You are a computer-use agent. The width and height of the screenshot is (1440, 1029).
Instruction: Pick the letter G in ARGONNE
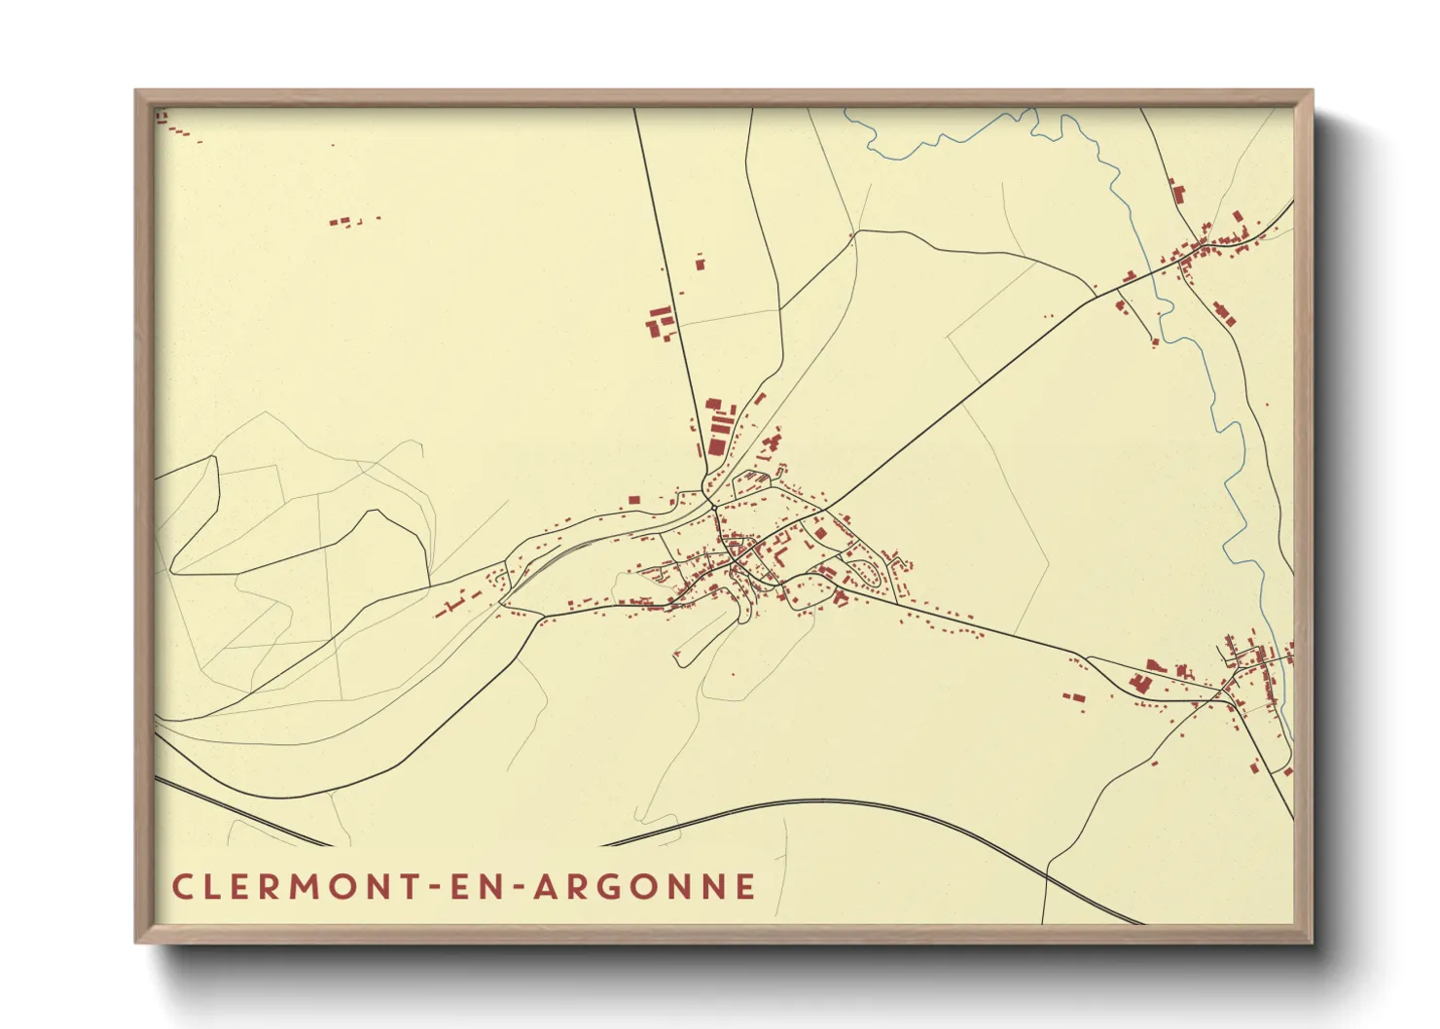(609, 887)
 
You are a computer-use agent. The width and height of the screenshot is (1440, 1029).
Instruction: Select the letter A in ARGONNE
(545, 887)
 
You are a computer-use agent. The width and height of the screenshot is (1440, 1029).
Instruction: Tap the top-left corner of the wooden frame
(137, 92)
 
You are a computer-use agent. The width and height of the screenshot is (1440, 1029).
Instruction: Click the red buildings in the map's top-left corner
(162, 118)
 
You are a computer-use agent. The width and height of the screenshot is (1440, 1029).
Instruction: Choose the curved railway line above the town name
(827, 803)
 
